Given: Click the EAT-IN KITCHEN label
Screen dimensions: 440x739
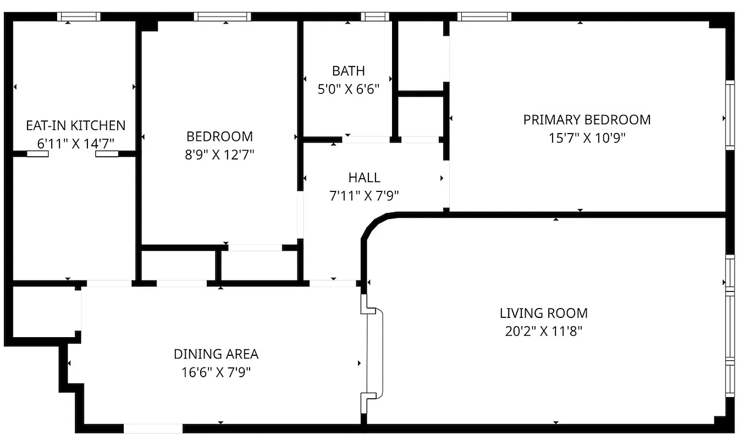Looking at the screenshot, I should coord(76,125).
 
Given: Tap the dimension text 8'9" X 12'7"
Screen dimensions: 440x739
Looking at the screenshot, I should coord(220,155).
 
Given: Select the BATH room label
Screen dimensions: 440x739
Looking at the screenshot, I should coord(348,71).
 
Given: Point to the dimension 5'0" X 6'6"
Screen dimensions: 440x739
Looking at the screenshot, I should coord(348,89).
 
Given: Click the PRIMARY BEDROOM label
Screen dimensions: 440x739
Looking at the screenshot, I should coord(587,120).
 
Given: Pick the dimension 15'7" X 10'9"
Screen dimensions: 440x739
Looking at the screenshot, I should coord(587,138).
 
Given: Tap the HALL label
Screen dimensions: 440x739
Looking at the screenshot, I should coord(364,178).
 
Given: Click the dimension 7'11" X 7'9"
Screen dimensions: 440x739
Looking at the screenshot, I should coord(364,196).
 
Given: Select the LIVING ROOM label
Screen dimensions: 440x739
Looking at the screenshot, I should coord(543,313).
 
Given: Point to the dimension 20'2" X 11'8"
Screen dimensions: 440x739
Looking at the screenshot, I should coord(543,332).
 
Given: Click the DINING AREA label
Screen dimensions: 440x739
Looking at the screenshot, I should coord(216,354).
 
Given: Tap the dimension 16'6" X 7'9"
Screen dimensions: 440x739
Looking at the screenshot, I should coord(216,372).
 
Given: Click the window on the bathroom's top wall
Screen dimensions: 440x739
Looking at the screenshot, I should coord(375,16).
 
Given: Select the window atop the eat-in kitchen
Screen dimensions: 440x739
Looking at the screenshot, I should coord(79,16).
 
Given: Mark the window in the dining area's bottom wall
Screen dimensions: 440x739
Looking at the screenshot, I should coord(153,428).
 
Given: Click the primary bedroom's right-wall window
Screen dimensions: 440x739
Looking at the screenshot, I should coord(730,114).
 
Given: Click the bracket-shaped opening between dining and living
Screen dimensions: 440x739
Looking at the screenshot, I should coord(374,353).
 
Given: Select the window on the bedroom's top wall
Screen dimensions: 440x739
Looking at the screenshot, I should coord(222,16).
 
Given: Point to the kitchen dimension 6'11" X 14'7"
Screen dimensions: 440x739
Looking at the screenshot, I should coord(76,144).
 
